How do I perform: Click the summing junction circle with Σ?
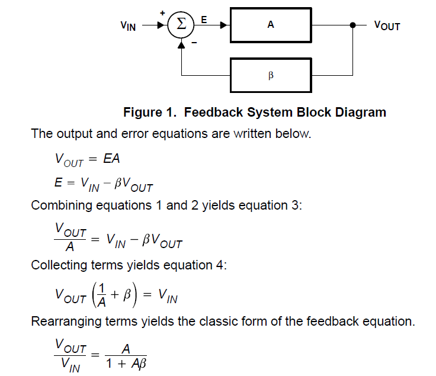(182, 25)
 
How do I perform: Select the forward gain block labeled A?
(270, 25)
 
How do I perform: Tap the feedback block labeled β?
(270, 75)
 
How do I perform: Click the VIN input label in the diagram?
(127, 25)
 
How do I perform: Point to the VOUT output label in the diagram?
(387, 25)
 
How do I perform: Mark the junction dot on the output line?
(352, 25)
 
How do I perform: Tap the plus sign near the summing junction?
(162, 12)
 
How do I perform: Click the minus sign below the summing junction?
(194, 44)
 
